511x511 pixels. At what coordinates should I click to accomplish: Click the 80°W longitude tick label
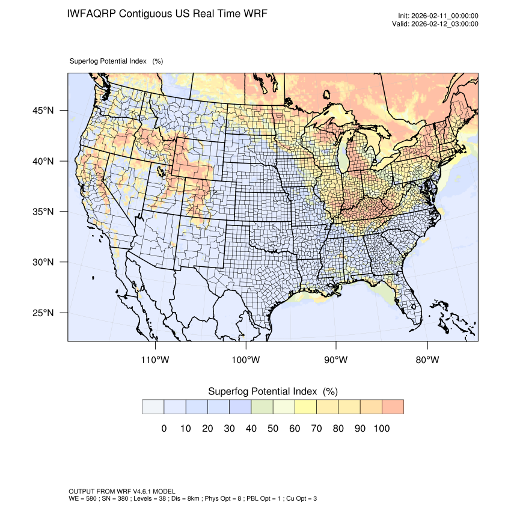click(427, 360)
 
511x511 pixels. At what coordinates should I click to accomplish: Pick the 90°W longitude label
click(336, 360)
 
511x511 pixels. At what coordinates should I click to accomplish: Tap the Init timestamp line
click(438, 16)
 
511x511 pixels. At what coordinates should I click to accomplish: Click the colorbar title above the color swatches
click(272, 391)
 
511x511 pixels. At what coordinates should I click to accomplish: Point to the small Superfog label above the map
click(116, 61)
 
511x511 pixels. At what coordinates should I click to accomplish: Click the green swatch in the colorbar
click(262, 406)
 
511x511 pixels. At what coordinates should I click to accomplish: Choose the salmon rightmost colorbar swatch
click(393, 406)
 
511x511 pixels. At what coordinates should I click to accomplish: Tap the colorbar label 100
click(382, 429)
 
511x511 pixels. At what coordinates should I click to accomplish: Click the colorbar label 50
click(273, 429)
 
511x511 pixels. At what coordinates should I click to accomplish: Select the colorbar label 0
click(164, 429)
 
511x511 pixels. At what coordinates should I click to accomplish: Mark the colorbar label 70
click(316, 429)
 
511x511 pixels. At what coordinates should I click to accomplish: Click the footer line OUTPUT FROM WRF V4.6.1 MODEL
click(122, 492)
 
